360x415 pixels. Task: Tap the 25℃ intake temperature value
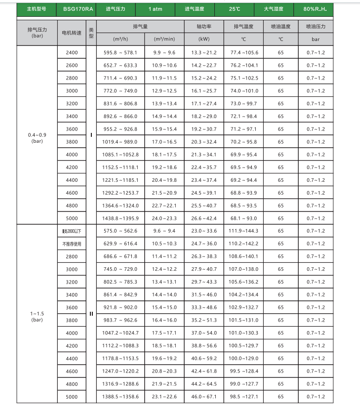[235, 9]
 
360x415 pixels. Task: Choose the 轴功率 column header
[204, 27]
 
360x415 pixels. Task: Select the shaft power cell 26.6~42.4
[203, 218]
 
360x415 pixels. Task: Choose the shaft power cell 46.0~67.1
[203, 397]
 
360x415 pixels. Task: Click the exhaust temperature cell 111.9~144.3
[244, 231]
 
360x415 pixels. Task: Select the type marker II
[91, 314]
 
